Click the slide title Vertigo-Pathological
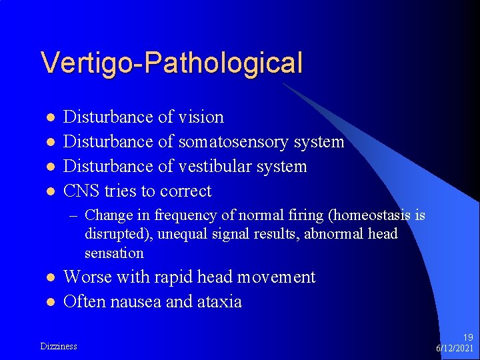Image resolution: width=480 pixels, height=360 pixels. (x=171, y=63)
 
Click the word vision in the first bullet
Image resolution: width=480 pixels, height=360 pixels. (x=201, y=117)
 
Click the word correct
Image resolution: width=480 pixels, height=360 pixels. (x=185, y=192)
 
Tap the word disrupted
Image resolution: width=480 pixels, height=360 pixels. (x=113, y=234)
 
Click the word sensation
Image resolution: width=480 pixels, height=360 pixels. (x=114, y=253)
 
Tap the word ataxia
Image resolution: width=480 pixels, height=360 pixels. (x=219, y=302)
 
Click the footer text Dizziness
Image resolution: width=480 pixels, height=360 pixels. (x=59, y=346)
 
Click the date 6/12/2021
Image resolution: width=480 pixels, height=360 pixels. (x=454, y=349)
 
